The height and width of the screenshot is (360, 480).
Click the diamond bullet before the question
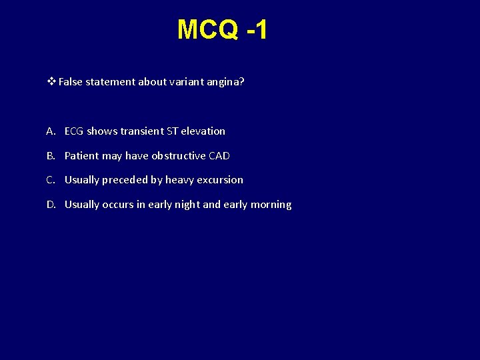pyautogui.click(x=51, y=82)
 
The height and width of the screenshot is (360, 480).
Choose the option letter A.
pyautogui.click(x=51, y=131)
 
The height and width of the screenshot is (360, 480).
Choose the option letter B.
pyautogui.click(x=51, y=156)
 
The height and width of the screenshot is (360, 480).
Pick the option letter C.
pyautogui.click(x=51, y=180)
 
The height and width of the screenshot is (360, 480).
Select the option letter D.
pyautogui.click(x=51, y=205)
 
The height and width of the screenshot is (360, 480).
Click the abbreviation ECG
pyautogui.click(x=74, y=131)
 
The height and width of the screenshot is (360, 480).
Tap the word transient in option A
pyautogui.click(x=142, y=131)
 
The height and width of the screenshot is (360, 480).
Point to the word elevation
pyautogui.click(x=203, y=131)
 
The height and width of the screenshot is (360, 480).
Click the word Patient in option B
pyautogui.click(x=81, y=156)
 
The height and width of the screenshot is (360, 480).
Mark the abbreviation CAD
pyautogui.click(x=219, y=156)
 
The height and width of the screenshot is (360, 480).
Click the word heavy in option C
pyautogui.click(x=179, y=180)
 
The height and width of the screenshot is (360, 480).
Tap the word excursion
pyautogui.click(x=220, y=180)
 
